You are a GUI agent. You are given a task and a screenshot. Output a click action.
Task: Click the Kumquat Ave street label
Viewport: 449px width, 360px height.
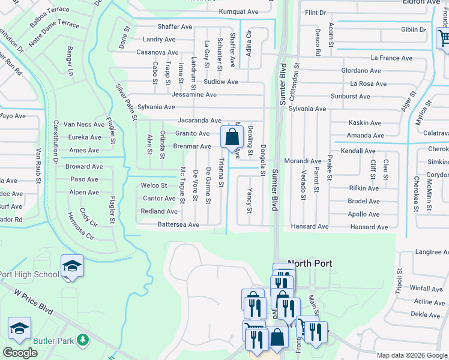click(x=238, y=11)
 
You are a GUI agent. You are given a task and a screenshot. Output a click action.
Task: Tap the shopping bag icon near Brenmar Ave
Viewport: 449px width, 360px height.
click(x=232, y=137)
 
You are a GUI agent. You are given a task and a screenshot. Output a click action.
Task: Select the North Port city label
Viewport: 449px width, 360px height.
click(x=310, y=263)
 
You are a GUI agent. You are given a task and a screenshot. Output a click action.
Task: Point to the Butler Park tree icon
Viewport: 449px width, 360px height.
click(x=83, y=341)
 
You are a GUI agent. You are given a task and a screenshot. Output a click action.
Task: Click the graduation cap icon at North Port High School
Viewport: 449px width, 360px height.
click(x=72, y=266)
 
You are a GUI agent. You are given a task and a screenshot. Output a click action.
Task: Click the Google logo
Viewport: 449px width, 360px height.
click(x=20, y=353)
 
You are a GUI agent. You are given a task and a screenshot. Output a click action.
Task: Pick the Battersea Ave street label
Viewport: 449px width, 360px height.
click(x=178, y=224)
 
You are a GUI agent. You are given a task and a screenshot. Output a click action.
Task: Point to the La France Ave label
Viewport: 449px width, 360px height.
click(x=391, y=58)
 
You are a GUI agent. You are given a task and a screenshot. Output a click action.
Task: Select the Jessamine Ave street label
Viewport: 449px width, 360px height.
click(x=194, y=95)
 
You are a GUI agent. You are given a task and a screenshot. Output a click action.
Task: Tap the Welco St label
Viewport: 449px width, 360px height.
click(x=154, y=185)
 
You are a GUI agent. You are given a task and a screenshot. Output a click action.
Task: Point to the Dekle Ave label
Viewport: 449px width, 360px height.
click(x=425, y=314)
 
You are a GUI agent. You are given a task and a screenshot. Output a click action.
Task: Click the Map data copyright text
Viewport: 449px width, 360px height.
click(x=412, y=355)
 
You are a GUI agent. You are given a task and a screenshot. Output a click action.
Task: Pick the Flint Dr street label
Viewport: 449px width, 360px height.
click(x=315, y=12)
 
